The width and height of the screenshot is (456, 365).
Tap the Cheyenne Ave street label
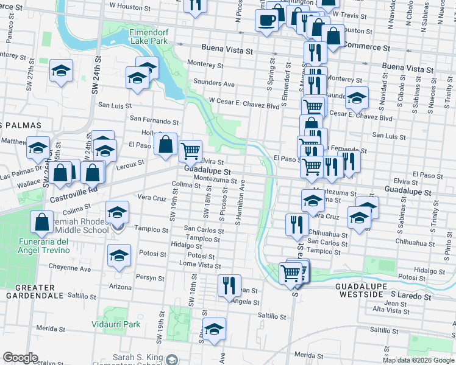70,268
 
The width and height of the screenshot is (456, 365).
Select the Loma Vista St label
199,265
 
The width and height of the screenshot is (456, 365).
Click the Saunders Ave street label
214,83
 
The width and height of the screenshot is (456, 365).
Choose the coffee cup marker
266,20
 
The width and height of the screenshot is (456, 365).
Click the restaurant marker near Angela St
229,284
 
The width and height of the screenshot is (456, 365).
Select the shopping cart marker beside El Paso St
191,149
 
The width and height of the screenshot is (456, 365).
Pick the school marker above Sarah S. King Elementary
214,330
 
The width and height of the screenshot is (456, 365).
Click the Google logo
21,358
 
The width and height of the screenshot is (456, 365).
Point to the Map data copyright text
418,360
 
